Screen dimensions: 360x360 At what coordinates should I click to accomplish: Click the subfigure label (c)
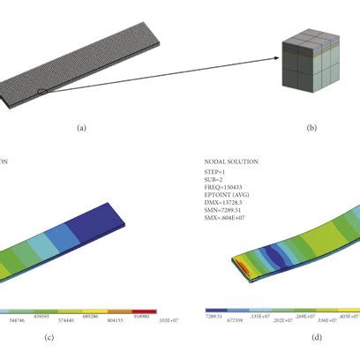tap(81, 335)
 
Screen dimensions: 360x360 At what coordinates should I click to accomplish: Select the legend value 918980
tap(147, 315)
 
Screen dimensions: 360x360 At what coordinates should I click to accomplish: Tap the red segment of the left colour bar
tap(143, 310)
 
